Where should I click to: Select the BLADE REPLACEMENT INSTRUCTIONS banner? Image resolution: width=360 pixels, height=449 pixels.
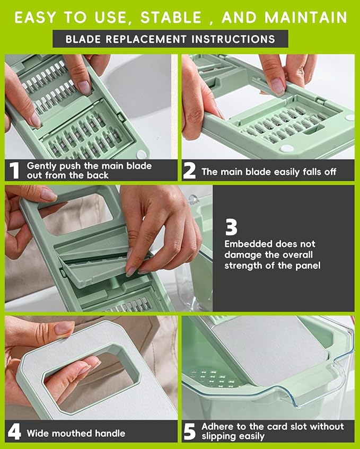click(170, 39)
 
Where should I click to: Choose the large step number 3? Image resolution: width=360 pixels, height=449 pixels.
click(231, 227)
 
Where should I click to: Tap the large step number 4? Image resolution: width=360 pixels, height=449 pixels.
click(14, 432)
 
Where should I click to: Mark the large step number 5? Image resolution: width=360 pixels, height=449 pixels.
click(189, 432)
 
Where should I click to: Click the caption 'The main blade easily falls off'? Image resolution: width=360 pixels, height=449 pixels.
click(269, 172)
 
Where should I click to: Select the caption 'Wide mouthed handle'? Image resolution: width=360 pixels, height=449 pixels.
click(76, 433)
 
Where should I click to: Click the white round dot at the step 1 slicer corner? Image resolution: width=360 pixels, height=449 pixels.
click(141, 154)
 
